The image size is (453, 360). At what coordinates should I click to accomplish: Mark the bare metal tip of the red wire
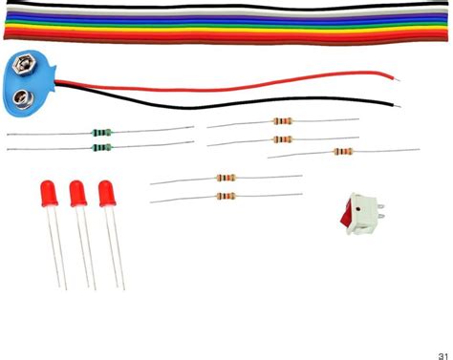pyautogui.click(x=395, y=74)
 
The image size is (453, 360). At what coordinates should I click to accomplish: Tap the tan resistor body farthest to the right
pyautogui.click(x=343, y=151)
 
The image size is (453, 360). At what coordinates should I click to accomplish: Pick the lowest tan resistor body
pyautogui.click(x=226, y=196)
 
